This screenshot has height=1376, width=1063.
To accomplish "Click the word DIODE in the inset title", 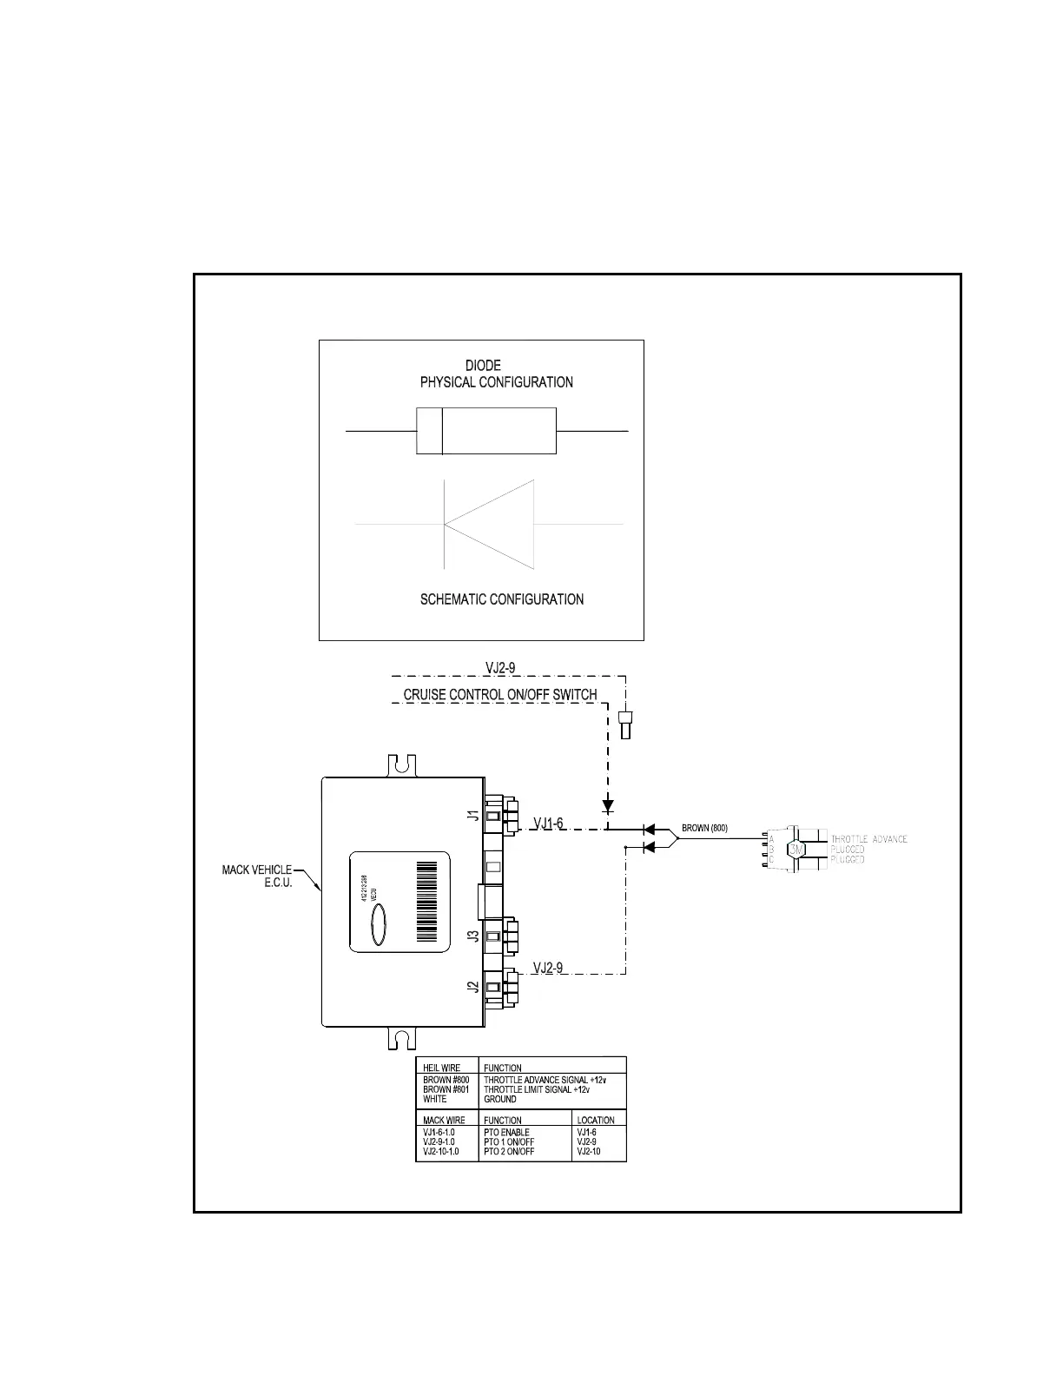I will point(483,366).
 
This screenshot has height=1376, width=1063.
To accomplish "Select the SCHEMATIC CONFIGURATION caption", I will point(501,599).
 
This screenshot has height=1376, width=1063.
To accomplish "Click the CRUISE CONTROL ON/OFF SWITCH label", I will point(499,695).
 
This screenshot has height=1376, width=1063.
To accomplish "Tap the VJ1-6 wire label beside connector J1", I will point(548,824).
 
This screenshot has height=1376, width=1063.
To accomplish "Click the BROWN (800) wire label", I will point(704,829).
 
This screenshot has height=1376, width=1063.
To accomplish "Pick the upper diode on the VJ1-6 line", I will point(648,830).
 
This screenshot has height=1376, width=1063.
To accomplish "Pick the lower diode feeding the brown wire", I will point(648,847).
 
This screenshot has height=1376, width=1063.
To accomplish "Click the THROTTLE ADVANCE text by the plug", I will point(868,839).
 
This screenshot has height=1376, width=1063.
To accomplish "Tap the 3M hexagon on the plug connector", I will point(796,849).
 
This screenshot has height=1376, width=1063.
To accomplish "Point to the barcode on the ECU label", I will point(428,902).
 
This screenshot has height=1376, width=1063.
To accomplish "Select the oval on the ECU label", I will point(380,923).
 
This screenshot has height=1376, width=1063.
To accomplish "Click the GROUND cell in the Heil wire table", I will point(500,1099).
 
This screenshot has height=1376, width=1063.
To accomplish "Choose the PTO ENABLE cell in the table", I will point(506,1133).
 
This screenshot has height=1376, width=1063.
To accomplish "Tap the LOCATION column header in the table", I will point(596,1121).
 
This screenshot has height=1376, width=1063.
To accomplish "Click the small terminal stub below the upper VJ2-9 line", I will point(624,724).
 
